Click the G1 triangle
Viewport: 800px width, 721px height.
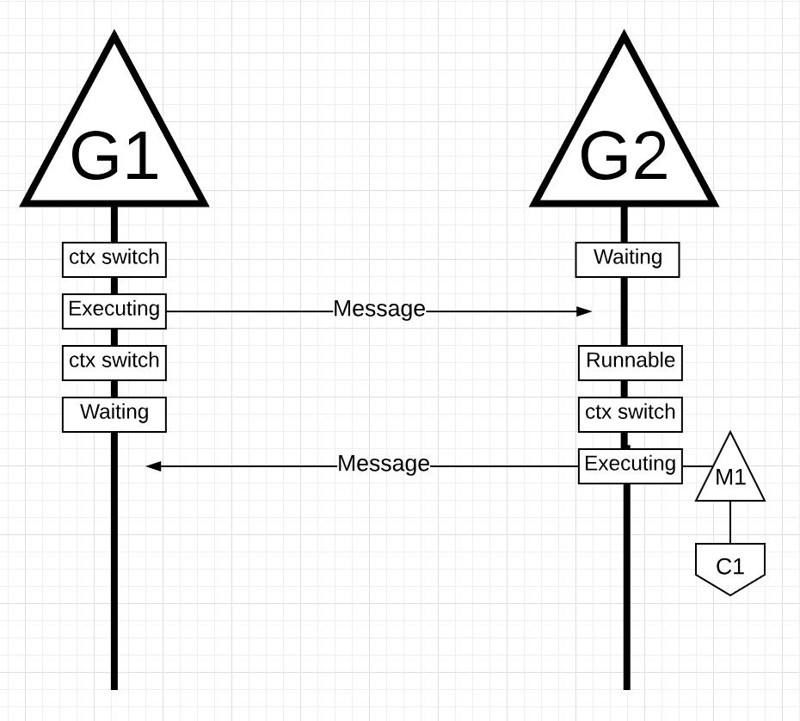[114, 146]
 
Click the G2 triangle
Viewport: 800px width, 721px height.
[625, 146]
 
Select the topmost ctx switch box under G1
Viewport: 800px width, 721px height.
[114, 259]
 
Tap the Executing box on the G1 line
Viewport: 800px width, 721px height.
[114, 311]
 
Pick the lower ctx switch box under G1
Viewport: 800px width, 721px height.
[114, 362]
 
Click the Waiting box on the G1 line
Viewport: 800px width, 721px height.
[114, 414]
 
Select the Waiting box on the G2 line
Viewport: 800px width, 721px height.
[627, 259]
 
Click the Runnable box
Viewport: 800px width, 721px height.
[630, 362]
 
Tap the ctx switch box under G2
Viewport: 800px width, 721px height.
[630, 414]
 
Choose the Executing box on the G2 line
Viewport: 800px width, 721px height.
[630, 465]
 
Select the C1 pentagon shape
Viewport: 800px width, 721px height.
[730, 567]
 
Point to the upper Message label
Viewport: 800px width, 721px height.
[379, 309]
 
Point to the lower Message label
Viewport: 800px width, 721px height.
[384, 464]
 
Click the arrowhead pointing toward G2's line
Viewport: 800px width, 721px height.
[585, 311]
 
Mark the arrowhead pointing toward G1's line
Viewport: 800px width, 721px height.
[153, 466]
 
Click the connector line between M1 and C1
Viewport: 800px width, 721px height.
[730, 522]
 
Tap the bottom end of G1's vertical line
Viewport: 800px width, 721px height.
[114, 687]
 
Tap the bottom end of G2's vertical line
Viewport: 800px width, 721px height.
[626, 687]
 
